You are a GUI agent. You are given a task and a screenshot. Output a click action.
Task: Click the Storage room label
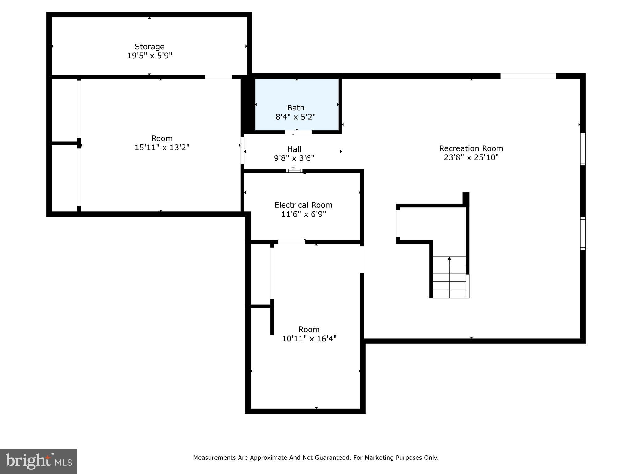[x=149, y=47]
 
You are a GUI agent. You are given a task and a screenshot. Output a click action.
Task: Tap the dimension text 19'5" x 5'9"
[x=149, y=56]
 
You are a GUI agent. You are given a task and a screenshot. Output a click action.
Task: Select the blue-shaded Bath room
[x=296, y=93]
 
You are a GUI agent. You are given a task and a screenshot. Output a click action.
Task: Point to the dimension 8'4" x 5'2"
[x=295, y=117]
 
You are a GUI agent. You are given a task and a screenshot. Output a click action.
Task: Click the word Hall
[x=294, y=149]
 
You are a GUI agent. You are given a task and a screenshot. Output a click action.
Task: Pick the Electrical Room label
[x=303, y=205]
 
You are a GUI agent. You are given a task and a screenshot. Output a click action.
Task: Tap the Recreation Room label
[x=471, y=148]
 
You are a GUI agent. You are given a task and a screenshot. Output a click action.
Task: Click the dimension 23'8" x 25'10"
[x=471, y=158]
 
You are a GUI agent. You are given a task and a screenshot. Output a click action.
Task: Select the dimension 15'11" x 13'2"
[x=162, y=148]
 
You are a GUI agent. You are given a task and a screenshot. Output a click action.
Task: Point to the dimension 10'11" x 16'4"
[x=309, y=339]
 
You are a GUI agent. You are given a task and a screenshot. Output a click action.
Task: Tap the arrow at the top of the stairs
[x=449, y=259]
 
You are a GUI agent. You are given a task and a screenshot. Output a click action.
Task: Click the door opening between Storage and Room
[x=218, y=77]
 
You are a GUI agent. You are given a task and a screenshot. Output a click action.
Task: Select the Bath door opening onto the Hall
[x=298, y=132]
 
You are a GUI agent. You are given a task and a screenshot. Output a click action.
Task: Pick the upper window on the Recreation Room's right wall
[x=583, y=149]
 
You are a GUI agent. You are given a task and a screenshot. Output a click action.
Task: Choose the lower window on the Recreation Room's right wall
[x=583, y=233]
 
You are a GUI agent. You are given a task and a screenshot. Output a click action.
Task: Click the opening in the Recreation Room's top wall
[x=528, y=76]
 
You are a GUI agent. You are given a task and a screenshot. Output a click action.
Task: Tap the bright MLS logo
[x=39, y=461]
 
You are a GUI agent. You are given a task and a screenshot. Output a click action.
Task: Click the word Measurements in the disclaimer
[x=214, y=458]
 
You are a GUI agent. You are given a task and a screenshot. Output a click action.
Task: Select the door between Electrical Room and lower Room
[x=291, y=242]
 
